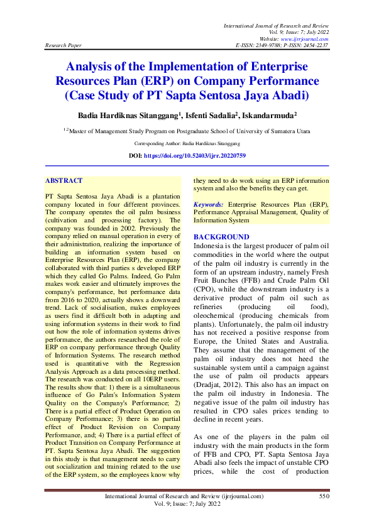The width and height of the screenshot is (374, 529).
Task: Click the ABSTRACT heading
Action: [64, 180]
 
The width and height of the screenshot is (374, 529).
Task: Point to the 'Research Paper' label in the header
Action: [62, 46]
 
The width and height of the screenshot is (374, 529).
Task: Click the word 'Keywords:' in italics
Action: [209, 205]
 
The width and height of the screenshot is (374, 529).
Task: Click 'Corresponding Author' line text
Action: [187, 143]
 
